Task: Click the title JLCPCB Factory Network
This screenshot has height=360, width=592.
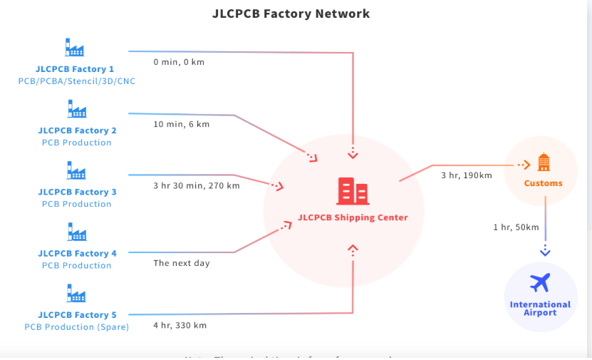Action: click(291, 14)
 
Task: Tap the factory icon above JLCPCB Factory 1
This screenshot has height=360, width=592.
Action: click(75, 48)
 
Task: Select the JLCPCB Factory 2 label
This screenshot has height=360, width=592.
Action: click(77, 130)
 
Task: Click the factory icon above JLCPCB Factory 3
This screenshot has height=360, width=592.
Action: click(76, 171)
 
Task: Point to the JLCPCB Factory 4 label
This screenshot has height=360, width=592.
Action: click(77, 253)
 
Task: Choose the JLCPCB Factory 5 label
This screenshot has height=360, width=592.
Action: click(77, 314)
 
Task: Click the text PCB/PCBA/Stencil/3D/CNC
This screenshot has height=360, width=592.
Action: click(77, 81)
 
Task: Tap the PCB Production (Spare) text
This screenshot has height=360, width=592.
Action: click(77, 326)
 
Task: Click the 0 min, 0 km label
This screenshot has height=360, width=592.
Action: click(179, 62)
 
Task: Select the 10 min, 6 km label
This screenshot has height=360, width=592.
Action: click(182, 124)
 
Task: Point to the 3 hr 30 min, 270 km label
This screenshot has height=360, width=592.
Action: click(197, 186)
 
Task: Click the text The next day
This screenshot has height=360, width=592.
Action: click(182, 263)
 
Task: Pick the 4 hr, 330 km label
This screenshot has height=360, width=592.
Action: click(180, 326)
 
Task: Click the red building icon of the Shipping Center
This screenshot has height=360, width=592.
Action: click(353, 191)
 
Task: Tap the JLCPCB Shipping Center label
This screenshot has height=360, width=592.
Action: click(353, 217)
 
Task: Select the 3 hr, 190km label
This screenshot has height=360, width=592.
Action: click(467, 175)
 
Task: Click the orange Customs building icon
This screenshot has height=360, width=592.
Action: click(544, 163)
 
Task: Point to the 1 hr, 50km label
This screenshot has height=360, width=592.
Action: click(516, 227)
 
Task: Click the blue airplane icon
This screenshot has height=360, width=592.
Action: click(540, 283)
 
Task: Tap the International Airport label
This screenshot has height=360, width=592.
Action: click(540, 308)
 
